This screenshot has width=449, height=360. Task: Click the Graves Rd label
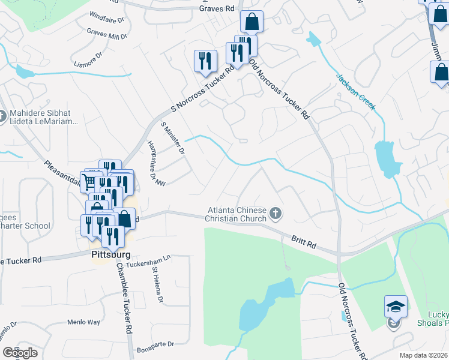tap(217, 9)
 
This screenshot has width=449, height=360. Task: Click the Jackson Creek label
tap(355, 92)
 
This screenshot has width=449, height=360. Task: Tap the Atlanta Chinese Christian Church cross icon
tap(276, 214)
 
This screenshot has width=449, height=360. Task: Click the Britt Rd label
tap(304, 242)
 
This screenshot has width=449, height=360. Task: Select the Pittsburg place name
tap(110, 255)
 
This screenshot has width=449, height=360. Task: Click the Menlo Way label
tap(85, 322)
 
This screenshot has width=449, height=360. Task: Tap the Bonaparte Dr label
tap(155, 344)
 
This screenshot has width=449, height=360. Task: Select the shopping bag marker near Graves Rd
tap(252, 22)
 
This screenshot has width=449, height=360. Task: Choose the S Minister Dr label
tap(173, 137)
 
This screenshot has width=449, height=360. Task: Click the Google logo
tap(20, 353)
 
